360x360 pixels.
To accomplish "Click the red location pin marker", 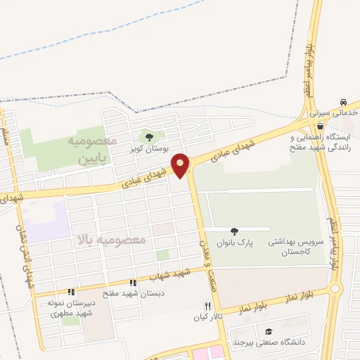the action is (181, 165).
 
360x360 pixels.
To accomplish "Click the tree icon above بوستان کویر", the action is (148, 136).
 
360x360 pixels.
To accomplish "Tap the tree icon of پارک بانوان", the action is (234, 231).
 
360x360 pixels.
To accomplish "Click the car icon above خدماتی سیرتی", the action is (343, 103).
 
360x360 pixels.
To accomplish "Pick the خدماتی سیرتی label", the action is (335, 113).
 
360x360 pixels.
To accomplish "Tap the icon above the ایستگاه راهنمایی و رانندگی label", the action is (320, 126).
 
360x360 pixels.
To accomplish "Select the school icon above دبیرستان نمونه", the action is (70, 292).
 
